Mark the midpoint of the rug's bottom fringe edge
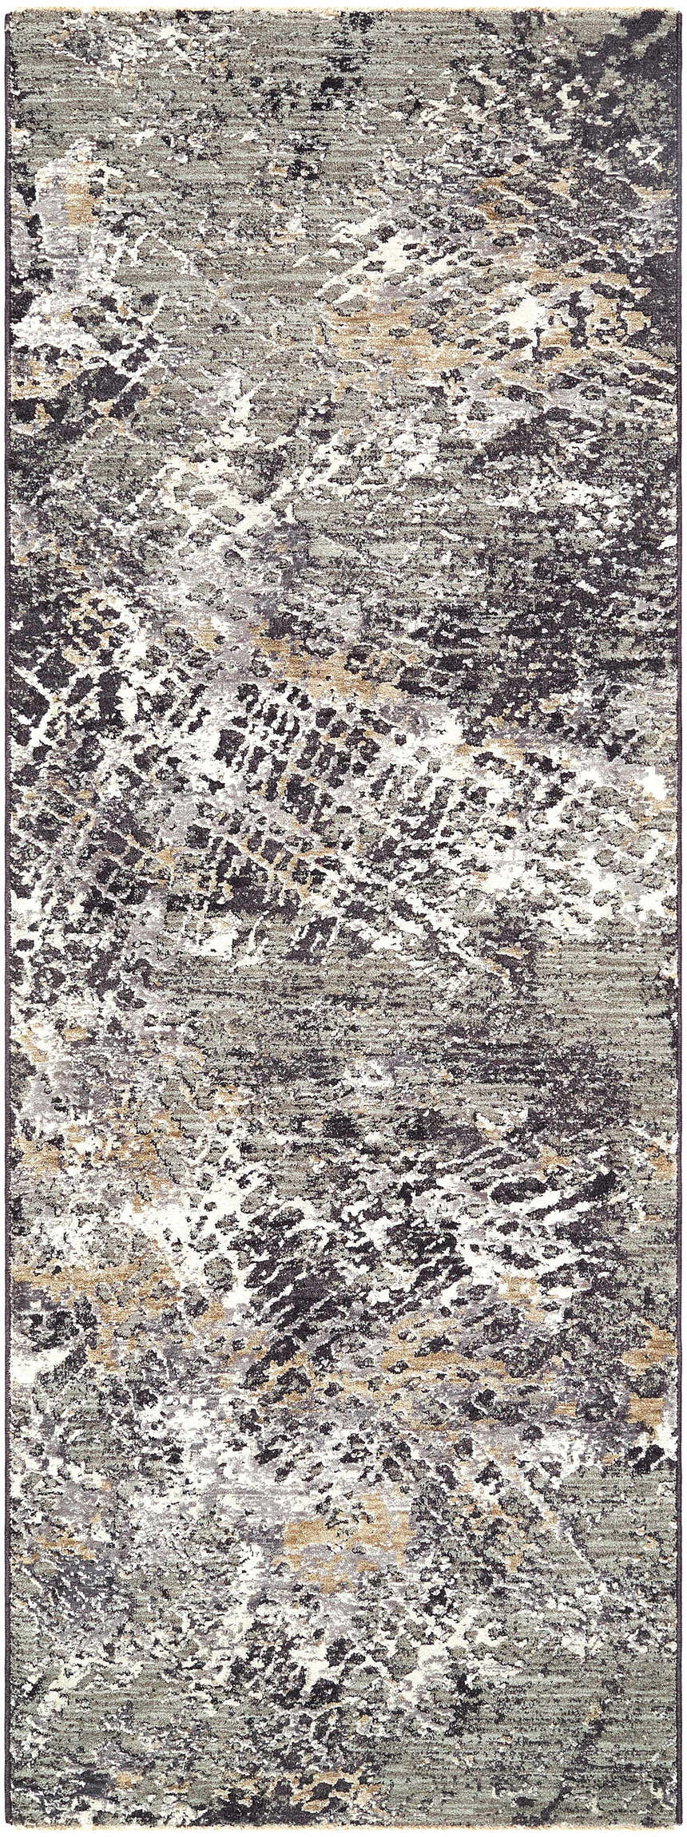[x=343, y=1829]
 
